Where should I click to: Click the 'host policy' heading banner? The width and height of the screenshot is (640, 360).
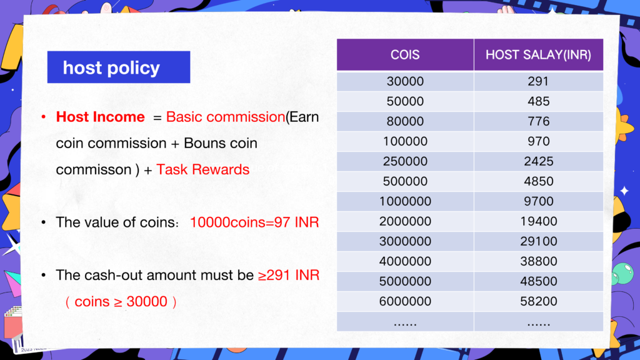point(118,67)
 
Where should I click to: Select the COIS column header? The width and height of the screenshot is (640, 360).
point(405,55)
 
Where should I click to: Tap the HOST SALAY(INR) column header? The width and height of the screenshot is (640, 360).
point(538,55)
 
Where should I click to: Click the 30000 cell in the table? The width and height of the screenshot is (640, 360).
point(405,81)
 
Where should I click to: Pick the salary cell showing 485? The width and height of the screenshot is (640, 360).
point(538,101)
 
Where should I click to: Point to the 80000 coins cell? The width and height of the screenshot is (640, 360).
point(405,121)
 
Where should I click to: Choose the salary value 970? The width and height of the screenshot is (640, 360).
point(538,141)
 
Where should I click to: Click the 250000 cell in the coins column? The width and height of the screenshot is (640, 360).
point(405,161)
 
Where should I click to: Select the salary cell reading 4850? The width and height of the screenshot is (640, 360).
point(538,181)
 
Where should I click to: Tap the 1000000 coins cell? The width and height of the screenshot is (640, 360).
point(405,201)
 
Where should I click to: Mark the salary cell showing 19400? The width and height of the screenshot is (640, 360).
point(538,221)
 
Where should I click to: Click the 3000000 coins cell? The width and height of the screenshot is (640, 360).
point(405,241)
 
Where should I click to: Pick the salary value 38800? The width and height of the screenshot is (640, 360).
point(538,261)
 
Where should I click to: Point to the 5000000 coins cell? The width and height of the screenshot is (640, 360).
point(405,281)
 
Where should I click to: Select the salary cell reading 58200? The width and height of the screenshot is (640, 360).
point(538,301)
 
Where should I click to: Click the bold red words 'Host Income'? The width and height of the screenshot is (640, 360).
point(101,117)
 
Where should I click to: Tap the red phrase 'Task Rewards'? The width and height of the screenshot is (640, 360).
point(203,169)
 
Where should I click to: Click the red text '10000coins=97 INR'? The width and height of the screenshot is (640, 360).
point(254,222)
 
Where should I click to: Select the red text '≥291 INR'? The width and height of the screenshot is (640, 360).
point(289,275)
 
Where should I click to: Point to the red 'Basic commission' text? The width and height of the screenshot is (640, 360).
point(225,117)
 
